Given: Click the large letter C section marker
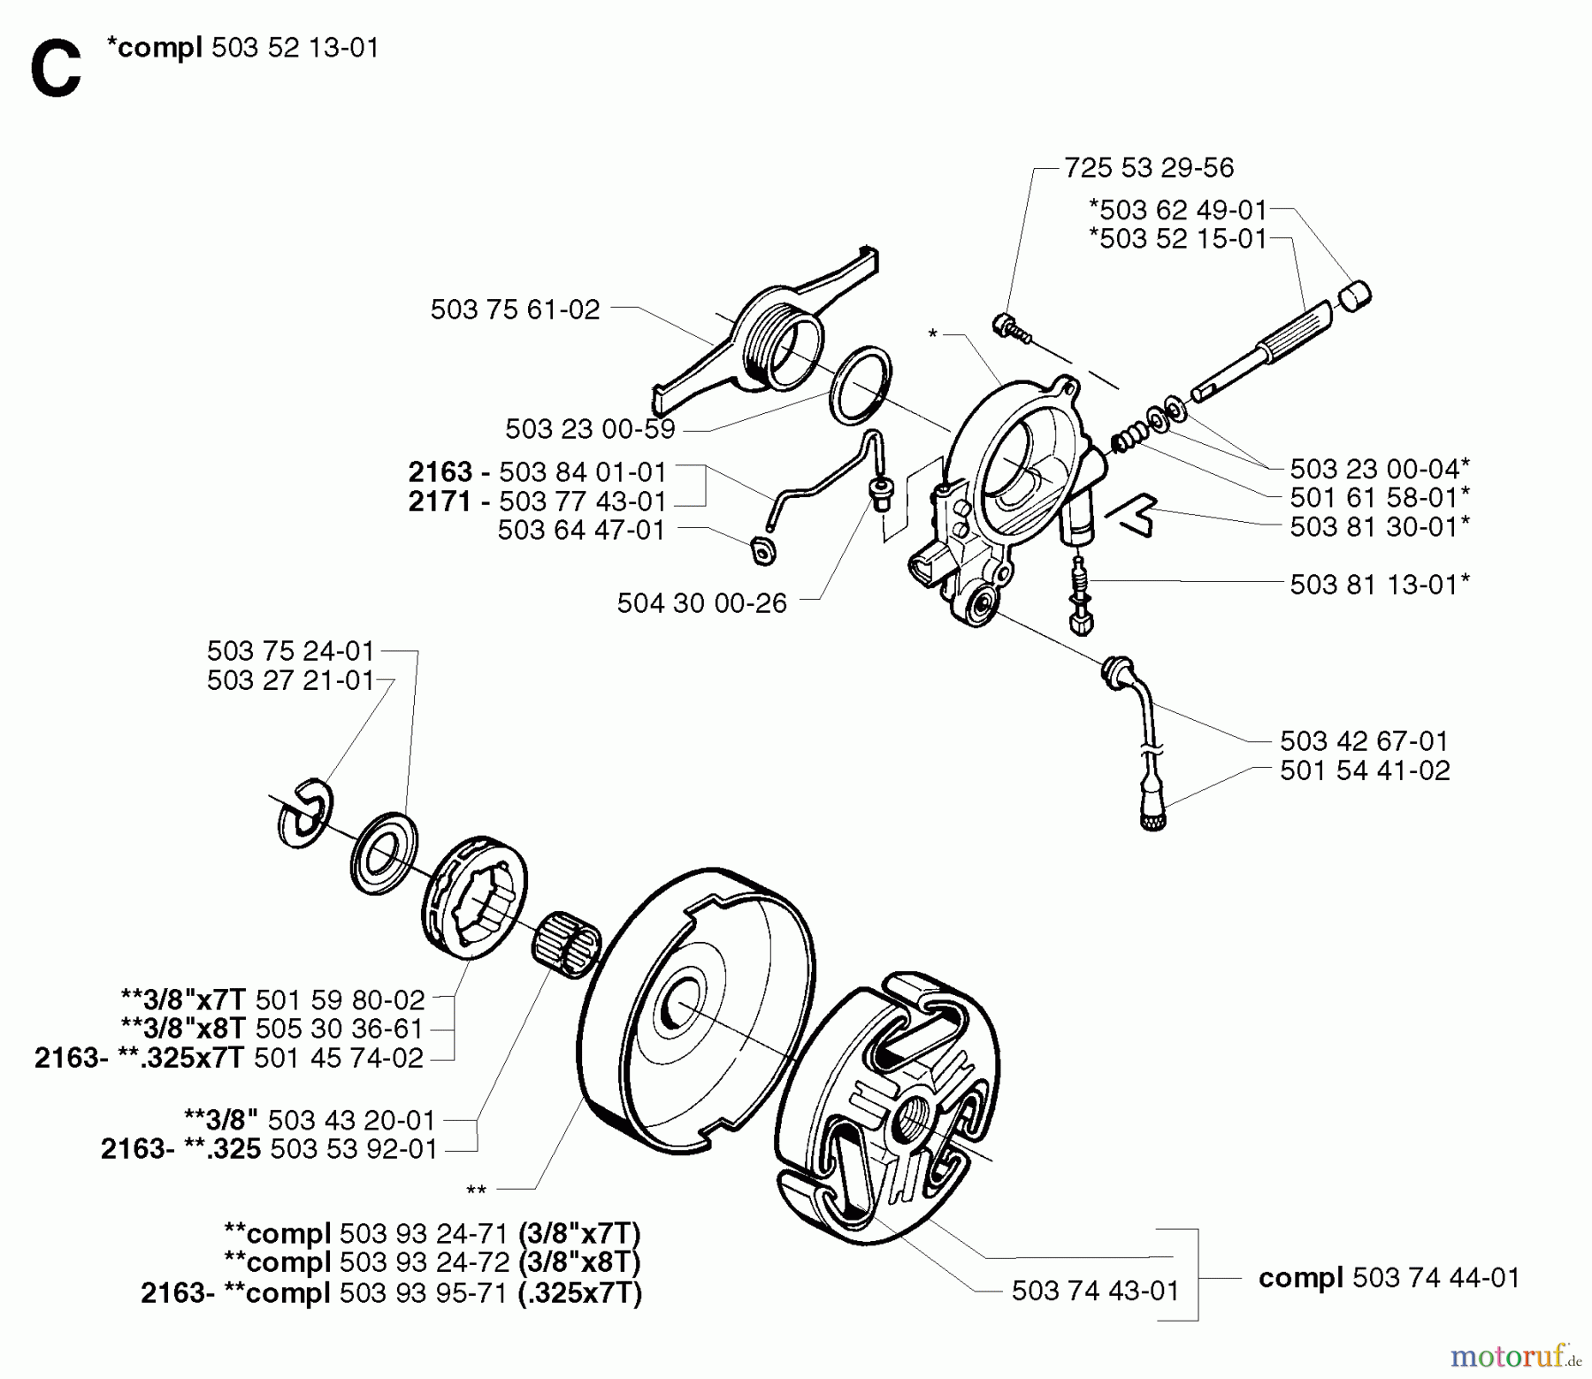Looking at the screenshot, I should point(55,71).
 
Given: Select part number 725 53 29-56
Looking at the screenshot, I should point(1148,167).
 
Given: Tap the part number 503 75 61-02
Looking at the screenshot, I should point(515,309).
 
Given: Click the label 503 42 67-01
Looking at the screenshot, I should point(1364,740).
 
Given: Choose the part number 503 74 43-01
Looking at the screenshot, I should point(1095,1291).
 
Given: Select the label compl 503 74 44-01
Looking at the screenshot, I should point(1389,1277).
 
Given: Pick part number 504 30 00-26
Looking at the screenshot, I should point(701,603).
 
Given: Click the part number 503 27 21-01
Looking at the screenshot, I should point(291,680).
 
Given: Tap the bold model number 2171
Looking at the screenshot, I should point(440,502).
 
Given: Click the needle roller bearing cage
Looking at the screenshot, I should point(566,947).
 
